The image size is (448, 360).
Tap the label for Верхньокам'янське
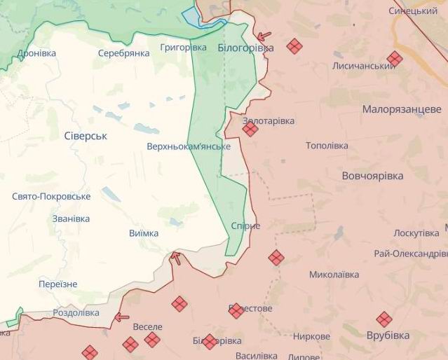point(189,147)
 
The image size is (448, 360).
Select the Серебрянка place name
point(123,53)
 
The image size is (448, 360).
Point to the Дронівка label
point(37,53)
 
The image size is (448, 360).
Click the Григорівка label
point(183,47)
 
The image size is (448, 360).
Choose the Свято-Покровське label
point(51,197)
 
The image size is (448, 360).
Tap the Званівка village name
point(71,219)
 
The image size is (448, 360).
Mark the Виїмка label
point(144,233)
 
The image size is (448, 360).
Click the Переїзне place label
point(58,284)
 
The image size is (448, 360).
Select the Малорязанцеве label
point(402,109)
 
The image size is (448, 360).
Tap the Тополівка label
point(327,146)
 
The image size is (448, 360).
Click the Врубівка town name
point(388,335)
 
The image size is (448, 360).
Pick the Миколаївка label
point(334,275)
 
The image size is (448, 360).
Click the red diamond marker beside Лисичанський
point(395,59)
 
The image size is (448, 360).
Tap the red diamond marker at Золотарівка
point(250,128)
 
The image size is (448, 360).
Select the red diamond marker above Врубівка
point(383,319)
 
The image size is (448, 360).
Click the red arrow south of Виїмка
point(175,258)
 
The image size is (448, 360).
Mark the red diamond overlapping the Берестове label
point(236,310)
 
